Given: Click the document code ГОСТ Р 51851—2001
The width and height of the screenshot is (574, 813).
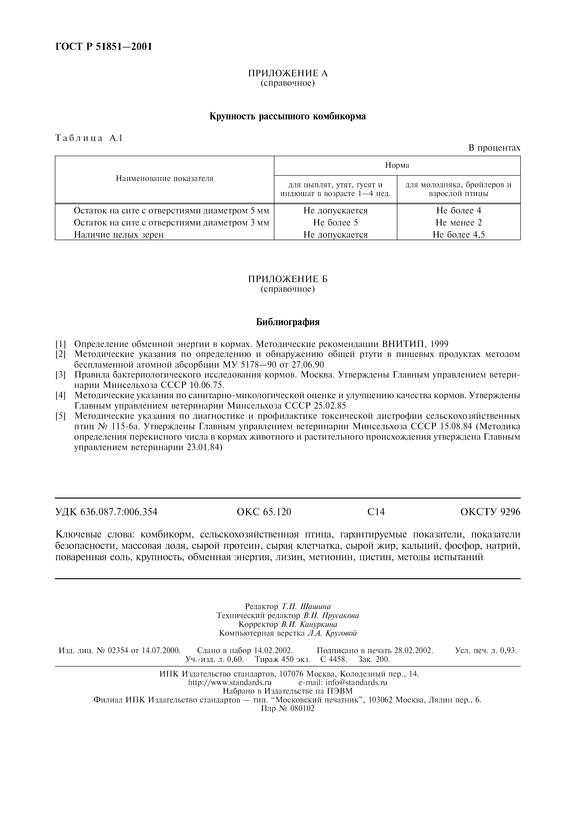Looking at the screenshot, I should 104,46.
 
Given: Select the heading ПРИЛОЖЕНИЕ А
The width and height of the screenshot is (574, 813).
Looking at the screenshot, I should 288,73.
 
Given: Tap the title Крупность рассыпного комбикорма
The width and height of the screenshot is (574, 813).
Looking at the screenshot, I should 288,116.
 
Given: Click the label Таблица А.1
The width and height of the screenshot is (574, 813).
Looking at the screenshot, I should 89,138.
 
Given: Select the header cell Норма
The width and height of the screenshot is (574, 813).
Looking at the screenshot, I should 397,165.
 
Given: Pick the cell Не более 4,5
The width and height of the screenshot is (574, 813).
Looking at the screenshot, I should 458,234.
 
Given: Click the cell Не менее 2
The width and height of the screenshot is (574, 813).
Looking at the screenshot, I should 458,222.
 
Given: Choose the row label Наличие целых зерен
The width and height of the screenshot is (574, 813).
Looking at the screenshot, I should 119,234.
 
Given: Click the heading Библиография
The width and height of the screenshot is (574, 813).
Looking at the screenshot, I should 288,322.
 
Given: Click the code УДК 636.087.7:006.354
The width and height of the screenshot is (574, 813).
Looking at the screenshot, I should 107,512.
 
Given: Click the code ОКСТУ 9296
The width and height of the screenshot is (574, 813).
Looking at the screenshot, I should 490,512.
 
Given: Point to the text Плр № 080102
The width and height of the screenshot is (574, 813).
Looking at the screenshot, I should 288,708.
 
